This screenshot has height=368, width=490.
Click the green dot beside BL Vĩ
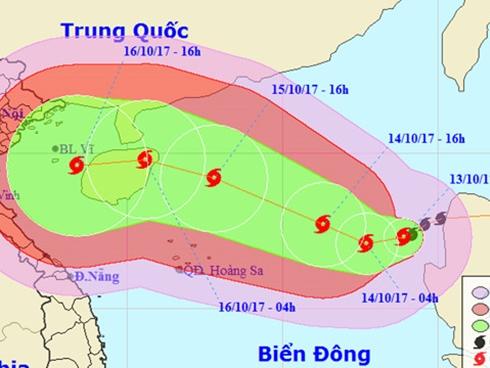click(x=56, y=150)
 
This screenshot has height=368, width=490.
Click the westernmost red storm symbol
click(x=78, y=171)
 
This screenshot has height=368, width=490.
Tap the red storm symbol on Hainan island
click(x=145, y=160)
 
